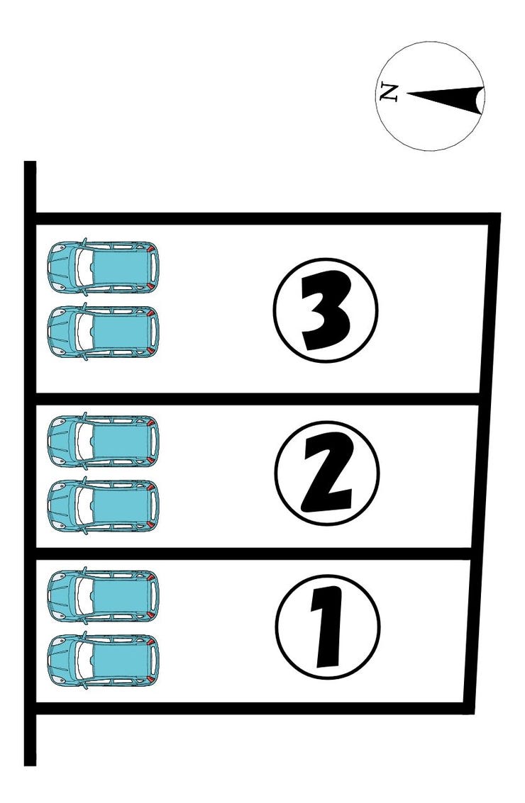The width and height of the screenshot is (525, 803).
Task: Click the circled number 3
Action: (326, 310)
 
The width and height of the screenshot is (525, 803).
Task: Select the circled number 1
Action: (328, 627)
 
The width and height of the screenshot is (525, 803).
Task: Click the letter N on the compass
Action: (389, 93)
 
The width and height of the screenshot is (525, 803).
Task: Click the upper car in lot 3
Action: (103, 266)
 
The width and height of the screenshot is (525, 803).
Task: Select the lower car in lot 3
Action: (103, 332)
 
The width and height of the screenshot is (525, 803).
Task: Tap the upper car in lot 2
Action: (103, 441)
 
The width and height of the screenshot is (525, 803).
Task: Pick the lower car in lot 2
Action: (103, 506)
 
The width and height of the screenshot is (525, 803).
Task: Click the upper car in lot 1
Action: (103, 595)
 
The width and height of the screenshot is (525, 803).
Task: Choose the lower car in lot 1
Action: (103, 660)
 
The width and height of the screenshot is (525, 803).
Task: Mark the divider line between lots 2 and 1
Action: (254, 554)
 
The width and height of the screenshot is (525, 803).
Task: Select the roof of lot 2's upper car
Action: (121, 441)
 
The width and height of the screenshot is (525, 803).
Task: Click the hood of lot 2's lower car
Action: (62, 506)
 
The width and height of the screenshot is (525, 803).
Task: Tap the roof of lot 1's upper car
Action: (121, 595)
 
